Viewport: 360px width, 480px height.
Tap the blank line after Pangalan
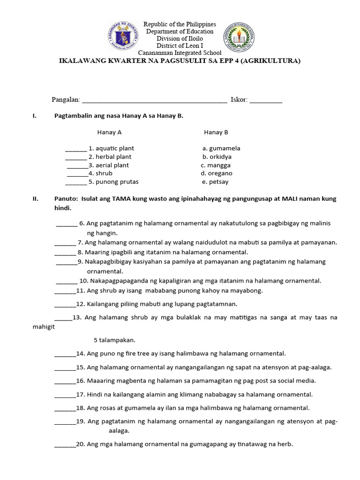click(x=155, y=100)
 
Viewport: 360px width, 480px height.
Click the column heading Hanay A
click(x=110, y=132)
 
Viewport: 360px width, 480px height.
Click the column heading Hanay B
click(x=216, y=132)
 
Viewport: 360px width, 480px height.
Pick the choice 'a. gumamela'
click(x=221, y=148)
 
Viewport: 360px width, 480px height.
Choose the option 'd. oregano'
click(x=217, y=173)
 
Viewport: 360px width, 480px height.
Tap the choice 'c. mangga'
click(x=216, y=165)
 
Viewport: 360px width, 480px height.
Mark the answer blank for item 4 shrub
click(x=77, y=174)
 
